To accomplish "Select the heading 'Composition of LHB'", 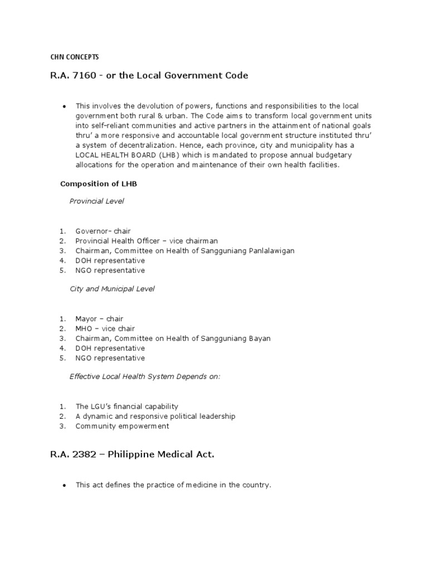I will coord(94,183).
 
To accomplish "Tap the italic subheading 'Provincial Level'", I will coord(96,201).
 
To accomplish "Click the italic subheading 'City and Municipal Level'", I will coord(112,289).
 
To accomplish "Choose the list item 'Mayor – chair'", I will coord(100,319).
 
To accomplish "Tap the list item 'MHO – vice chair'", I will coord(105,329).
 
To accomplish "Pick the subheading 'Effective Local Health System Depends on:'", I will coord(145,376).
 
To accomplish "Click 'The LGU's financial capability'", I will coord(127,407).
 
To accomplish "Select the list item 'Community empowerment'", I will coord(122,427).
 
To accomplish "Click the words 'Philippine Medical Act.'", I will coord(161,455).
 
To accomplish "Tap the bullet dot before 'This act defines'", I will coord(65,486).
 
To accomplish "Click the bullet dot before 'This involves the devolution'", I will coord(65,106).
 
